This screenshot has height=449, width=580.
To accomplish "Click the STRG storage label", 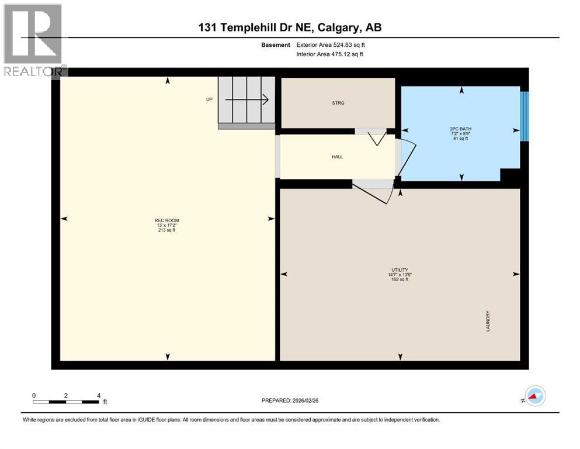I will [338, 103].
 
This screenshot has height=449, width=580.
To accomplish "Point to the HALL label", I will [337, 157].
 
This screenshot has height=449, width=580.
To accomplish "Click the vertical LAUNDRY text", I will [488, 321].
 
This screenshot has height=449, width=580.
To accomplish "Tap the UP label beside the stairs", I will [209, 99].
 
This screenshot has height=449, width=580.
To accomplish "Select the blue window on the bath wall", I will [524, 116].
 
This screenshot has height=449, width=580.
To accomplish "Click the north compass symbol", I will [534, 396].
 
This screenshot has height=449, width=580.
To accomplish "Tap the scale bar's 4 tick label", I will [99, 395].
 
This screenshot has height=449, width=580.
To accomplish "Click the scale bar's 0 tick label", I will [34, 395].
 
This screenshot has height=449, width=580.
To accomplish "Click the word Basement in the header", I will [276, 44].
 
